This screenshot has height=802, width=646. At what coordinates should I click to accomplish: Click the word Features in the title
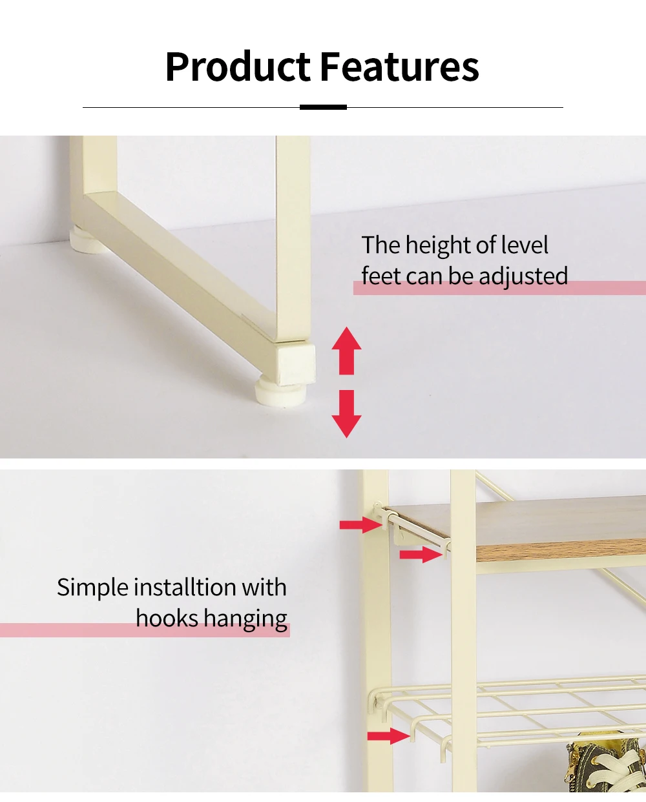(399, 67)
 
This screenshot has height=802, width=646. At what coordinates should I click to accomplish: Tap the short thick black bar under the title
(323, 107)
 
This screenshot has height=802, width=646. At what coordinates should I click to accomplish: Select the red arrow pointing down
(346, 414)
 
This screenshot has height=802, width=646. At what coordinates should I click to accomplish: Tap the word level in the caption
(524, 245)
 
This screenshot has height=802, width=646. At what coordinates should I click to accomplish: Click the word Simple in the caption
(92, 588)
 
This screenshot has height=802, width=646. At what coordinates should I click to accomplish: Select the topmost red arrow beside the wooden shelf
(361, 525)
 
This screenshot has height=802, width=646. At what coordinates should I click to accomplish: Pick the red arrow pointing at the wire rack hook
(388, 736)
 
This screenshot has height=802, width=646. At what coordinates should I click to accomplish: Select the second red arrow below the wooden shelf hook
(421, 554)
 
